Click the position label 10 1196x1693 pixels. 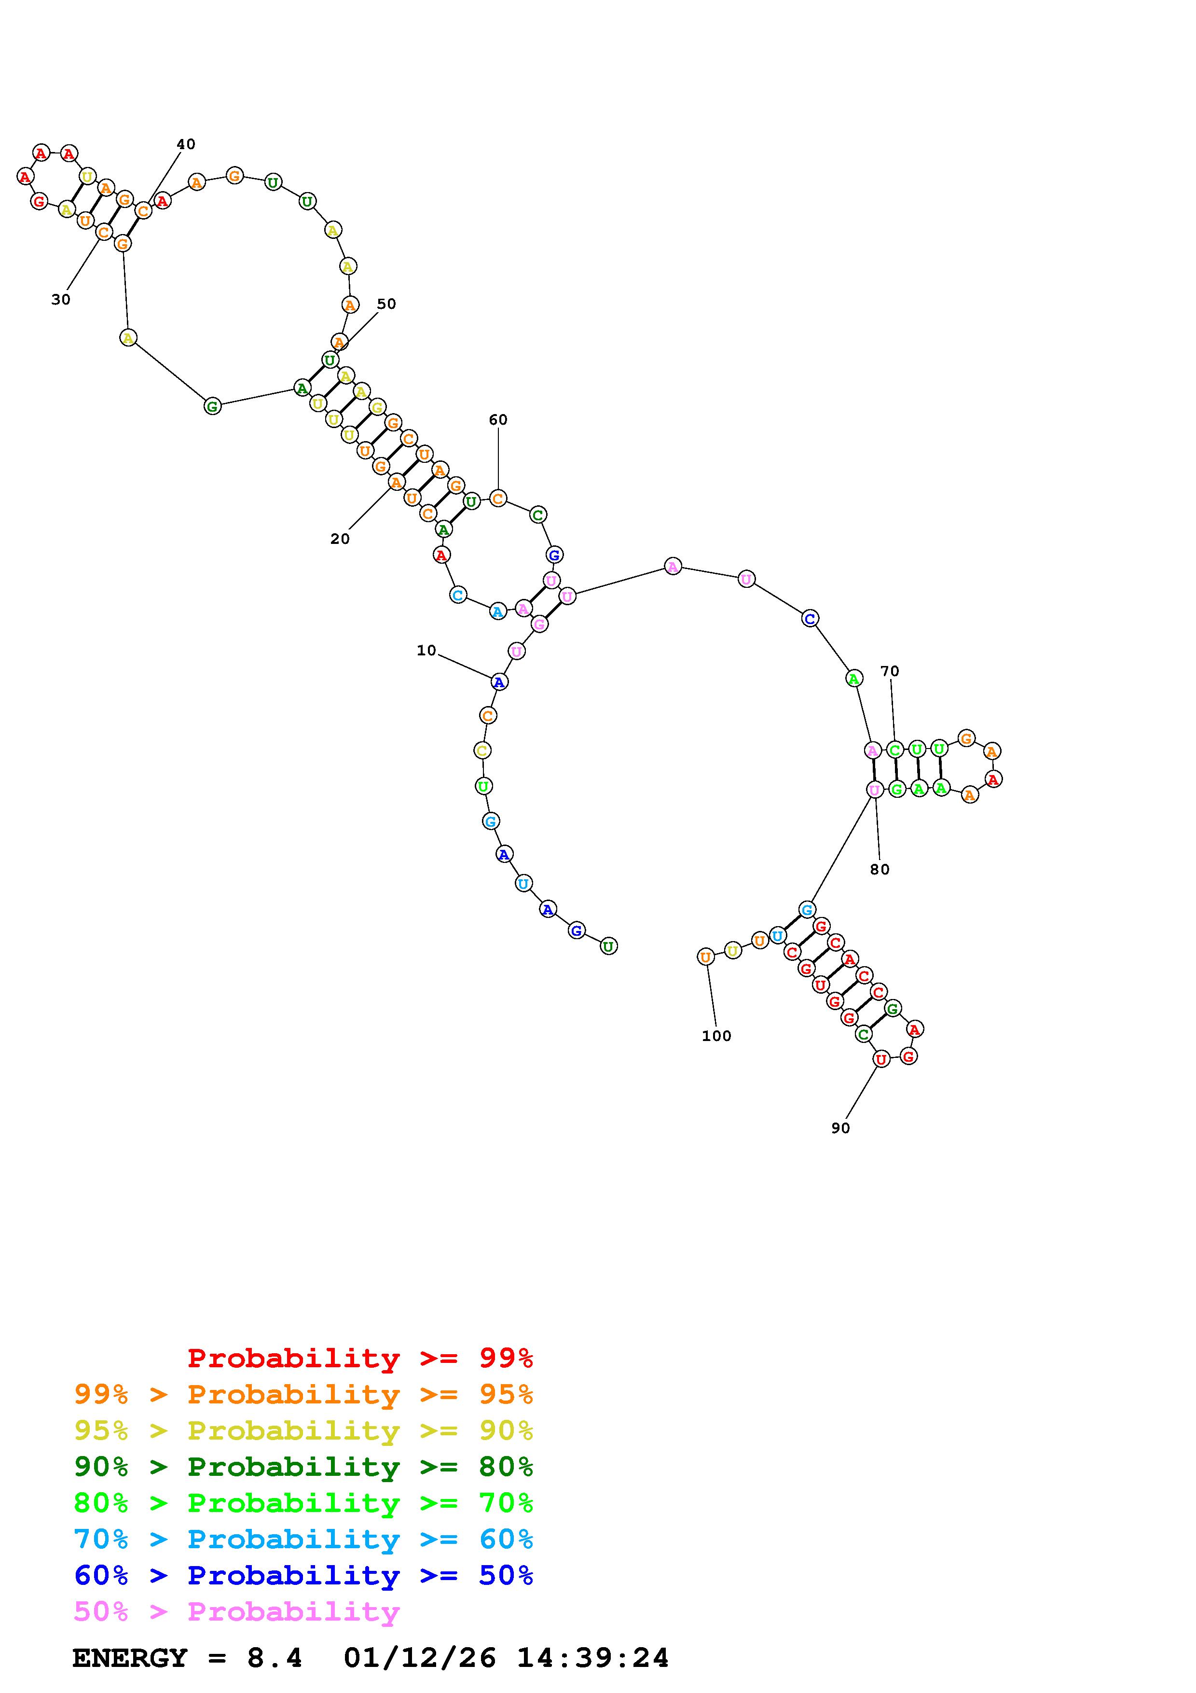(426, 651)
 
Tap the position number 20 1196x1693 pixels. (340, 539)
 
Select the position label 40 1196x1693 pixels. (186, 144)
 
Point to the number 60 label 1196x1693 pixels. (498, 419)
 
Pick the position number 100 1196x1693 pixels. (716, 1036)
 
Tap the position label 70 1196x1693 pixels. (890, 671)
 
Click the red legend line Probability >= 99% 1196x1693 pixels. (360, 1358)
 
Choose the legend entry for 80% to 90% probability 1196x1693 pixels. (303, 1467)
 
